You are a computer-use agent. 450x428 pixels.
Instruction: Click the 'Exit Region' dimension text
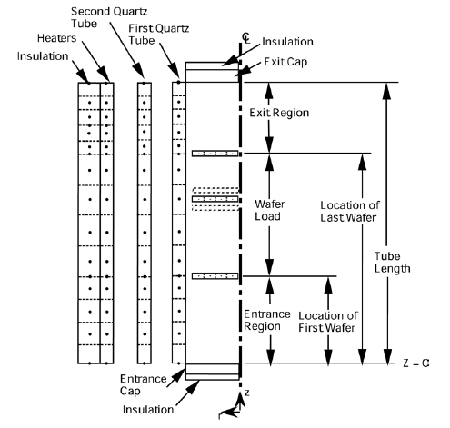[x=278, y=113]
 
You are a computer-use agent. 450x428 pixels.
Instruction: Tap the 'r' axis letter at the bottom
[x=220, y=417]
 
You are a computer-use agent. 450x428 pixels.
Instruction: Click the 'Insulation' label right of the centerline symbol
[x=288, y=41]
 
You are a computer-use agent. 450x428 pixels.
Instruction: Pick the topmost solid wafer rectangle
[x=215, y=153]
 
